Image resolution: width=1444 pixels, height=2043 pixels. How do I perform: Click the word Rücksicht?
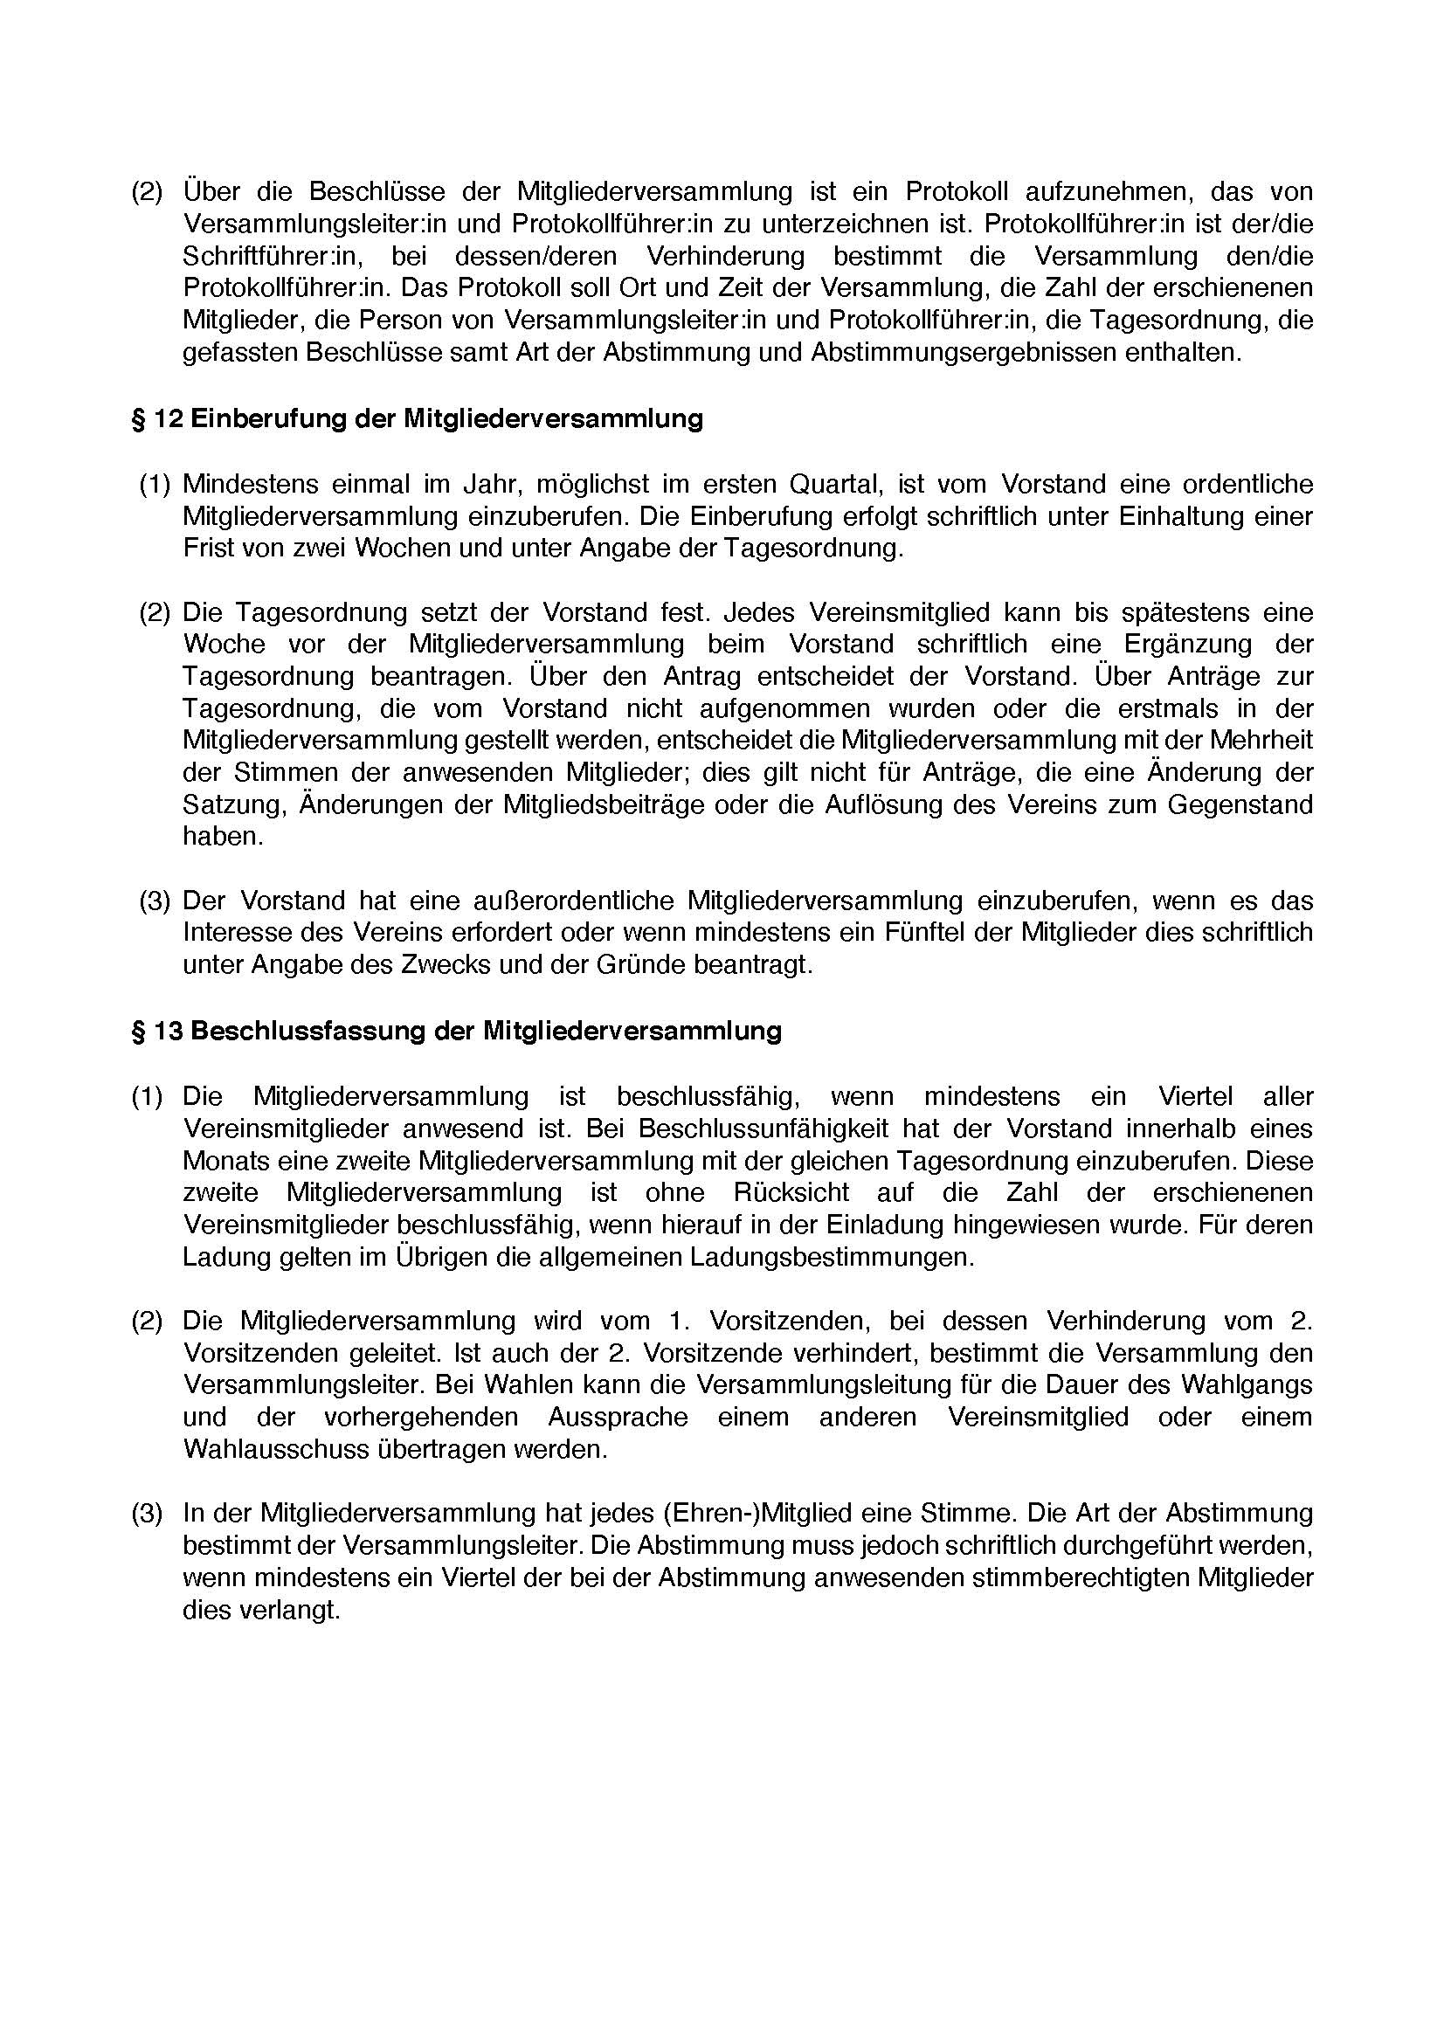tap(791, 1192)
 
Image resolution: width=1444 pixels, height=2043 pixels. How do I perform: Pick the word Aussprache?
tap(618, 1417)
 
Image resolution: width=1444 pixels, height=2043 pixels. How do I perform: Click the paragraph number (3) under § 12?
tap(155, 901)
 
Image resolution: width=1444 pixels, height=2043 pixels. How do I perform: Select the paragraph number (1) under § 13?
tap(148, 1096)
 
